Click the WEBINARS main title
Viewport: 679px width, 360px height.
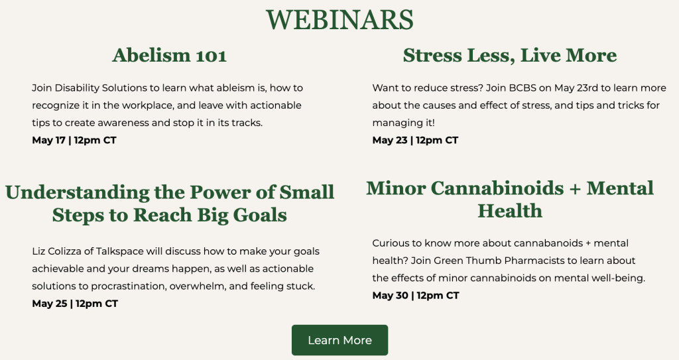tap(339, 20)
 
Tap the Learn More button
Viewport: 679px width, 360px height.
tap(339, 340)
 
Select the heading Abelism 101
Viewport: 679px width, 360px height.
tap(169, 55)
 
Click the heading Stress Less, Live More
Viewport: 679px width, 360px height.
tap(510, 55)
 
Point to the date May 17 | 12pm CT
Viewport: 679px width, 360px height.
tap(74, 140)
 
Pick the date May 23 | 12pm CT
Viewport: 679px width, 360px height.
tap(415, 140)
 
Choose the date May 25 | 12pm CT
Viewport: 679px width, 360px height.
tap(75, 303)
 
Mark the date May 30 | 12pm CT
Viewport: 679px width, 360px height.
tap(416, 295)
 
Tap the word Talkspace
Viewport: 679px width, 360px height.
tap(119, 251)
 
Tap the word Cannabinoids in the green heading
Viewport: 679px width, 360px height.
tap(497, 188)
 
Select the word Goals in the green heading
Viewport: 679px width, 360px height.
tap(260, 215)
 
